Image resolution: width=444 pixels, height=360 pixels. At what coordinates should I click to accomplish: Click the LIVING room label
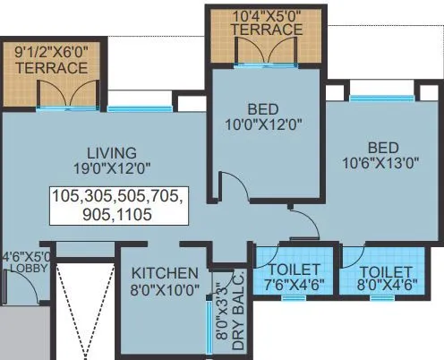pos(112,151)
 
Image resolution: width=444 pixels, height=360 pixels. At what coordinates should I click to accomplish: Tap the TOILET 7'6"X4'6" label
pos(287,278)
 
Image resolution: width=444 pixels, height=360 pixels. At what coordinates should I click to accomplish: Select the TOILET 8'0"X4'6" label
pos(382,279)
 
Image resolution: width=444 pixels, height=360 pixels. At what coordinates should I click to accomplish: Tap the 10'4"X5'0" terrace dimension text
pos(265,14)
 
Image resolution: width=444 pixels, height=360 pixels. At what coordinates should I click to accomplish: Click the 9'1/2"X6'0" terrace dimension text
pos(51,52)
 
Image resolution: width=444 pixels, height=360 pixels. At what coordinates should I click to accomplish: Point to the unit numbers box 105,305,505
pos(115,204)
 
